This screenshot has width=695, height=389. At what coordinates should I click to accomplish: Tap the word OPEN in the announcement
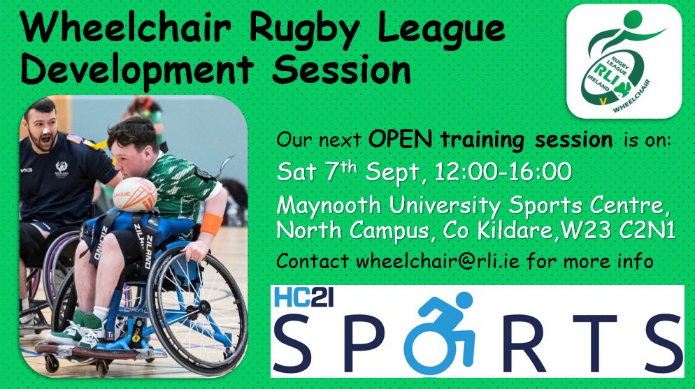coord(401,139)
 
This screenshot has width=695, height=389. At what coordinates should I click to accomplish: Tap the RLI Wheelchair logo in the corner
coord(624,61)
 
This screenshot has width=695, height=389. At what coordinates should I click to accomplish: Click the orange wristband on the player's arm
coord(211,223)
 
